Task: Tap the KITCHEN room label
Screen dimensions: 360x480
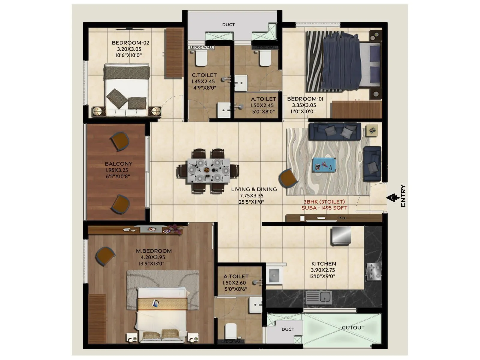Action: [323, 264]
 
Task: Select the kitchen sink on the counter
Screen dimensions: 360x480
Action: [318, 297]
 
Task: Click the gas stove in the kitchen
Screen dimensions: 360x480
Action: [373, 271]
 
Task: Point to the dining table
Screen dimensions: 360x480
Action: [209, 170]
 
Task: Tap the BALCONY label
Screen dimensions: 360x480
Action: [118, 164]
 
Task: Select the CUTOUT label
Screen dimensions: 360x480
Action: [353, 328]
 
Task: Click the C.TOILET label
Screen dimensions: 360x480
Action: [204, 75]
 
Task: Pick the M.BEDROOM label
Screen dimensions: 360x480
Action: [154, 251]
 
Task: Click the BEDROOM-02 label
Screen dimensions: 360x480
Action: [130, 43]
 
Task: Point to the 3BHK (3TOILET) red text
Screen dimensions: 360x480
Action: [324, 202]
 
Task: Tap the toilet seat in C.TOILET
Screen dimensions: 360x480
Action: [201, 58]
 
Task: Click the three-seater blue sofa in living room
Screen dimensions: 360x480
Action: [335, 131]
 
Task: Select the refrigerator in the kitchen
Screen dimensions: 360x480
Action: [341, 235]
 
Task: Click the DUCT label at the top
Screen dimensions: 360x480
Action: [228, 25]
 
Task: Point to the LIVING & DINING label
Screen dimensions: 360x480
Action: [254, 189]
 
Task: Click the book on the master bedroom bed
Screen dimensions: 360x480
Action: [156, 303]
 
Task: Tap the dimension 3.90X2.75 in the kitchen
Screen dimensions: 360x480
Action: [323, 270]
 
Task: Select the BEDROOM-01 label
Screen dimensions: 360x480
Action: [305, 99]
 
